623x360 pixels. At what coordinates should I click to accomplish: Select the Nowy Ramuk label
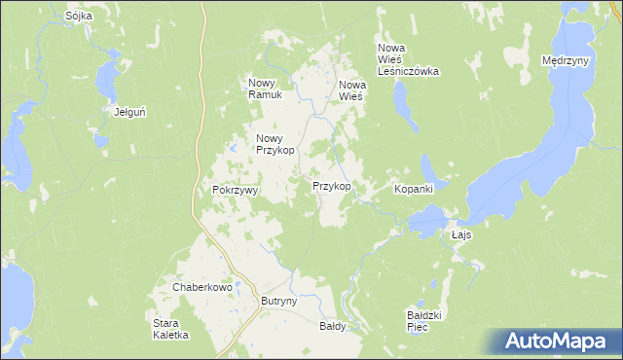coord(265,89)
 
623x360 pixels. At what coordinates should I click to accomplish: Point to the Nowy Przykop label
coord(275,144)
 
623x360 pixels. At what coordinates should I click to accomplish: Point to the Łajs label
coord(462,236)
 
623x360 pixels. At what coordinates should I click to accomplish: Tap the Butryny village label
coord(278,302)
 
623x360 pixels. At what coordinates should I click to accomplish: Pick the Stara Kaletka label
coord(170,329)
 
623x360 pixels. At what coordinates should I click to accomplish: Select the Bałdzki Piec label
coord(424,320)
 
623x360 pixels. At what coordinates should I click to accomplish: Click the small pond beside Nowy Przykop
coord(235,148)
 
